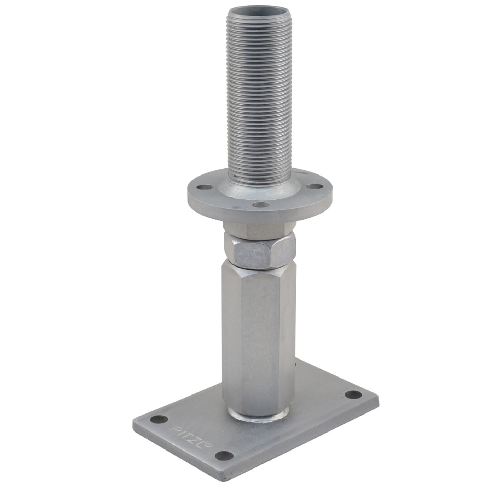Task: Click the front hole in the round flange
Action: [261, 204]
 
